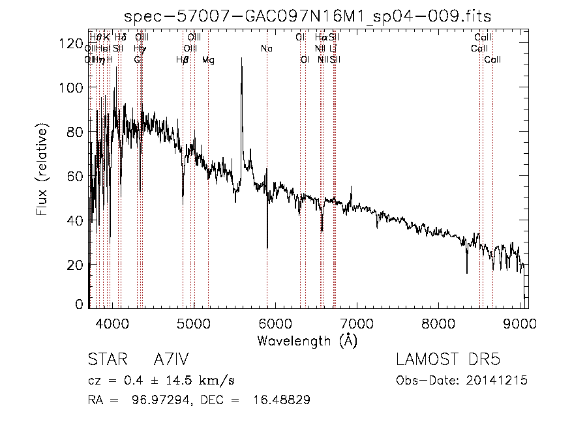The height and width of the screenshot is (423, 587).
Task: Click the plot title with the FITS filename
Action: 307,16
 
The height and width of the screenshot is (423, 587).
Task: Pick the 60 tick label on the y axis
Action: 74,177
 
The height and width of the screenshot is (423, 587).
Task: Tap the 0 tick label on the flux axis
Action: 78,304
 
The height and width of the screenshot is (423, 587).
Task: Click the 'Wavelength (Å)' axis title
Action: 307,340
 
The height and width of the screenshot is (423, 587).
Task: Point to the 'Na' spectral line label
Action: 266,48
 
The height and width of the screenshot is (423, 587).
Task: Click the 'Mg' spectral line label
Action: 208,60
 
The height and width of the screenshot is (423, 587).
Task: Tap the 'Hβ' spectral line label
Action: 183,60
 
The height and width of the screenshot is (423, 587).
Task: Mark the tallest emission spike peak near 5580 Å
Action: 242,59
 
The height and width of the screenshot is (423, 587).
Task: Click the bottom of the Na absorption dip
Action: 267,248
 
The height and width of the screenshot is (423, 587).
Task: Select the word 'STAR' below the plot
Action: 106,360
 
